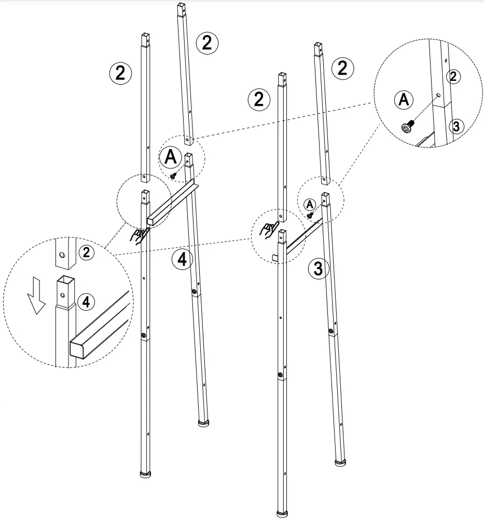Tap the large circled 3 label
click(x=319, y=269)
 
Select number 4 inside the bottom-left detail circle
click(x=87, y=301)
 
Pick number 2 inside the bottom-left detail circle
click(x=87, y=253)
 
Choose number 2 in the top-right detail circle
click(x=453, y=77)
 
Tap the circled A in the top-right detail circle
click(x=404, y=99)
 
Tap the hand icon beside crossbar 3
click(x=267, y=229)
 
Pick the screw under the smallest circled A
click(x=310, y=215)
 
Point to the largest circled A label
click(x=170, y=156)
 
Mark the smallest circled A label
click(x=310, y=203)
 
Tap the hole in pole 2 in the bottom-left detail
click(x=62, y=255)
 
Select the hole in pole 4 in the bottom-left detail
click(x=63, y=295)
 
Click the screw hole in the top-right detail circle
click(x=438, y=96)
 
